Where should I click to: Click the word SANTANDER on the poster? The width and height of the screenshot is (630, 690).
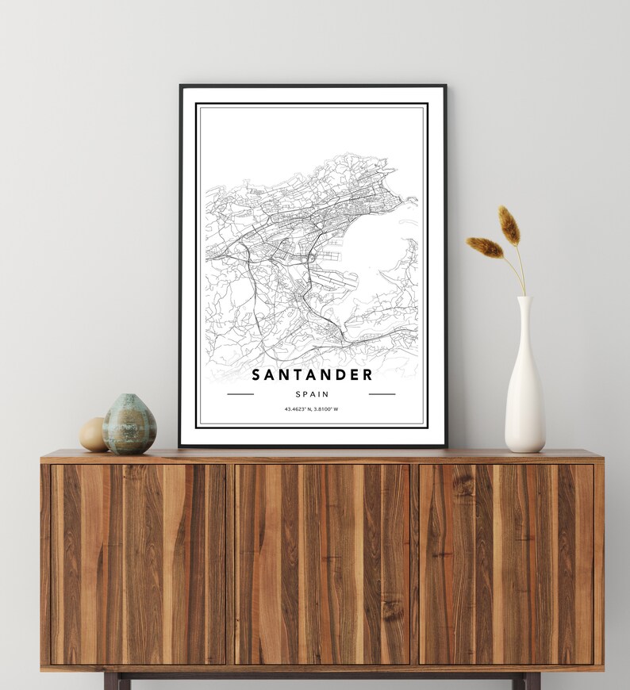pyautogui.click(x=312, y=374)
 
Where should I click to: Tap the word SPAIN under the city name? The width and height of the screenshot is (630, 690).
pyautogui.click(x=312, y=394)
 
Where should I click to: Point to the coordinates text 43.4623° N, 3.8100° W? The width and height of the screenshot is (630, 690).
pyautogui.click(x=312, y=409)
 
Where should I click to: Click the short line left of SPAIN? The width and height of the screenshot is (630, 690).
pyautogui.click(x=240, y=394)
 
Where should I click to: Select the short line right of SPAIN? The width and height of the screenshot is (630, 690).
pyautogui.click(x=382, y=394)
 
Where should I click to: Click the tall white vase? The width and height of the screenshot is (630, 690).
pyautogui.click(x=524, y=397)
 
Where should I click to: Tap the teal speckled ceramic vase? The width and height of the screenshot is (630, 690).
pyautogui.click(x=129, y=426)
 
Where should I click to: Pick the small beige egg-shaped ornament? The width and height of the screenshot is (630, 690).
pyautogui.click(x=92, y=435)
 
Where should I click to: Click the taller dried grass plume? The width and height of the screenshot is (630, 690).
pyautogui.click(x=509, y=225)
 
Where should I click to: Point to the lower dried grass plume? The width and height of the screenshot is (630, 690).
pyautogui.click(x=485, y=247)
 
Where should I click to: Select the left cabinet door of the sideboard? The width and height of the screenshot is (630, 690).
pyautogui.click(x=138, y=564)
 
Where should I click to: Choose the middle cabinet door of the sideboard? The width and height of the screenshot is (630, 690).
pyautogui.click(x=322, y=564)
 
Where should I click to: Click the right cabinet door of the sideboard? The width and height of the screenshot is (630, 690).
pyautogui.click(x=506, y=564)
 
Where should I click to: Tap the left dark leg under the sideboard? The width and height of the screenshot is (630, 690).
pyautogui.click(x=111, y=680)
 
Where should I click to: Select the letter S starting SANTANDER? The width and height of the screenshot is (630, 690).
pyautogui.click(x=256, y=374)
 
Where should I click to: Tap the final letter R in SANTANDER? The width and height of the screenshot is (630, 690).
pyautogui.click(x=367, y=374)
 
